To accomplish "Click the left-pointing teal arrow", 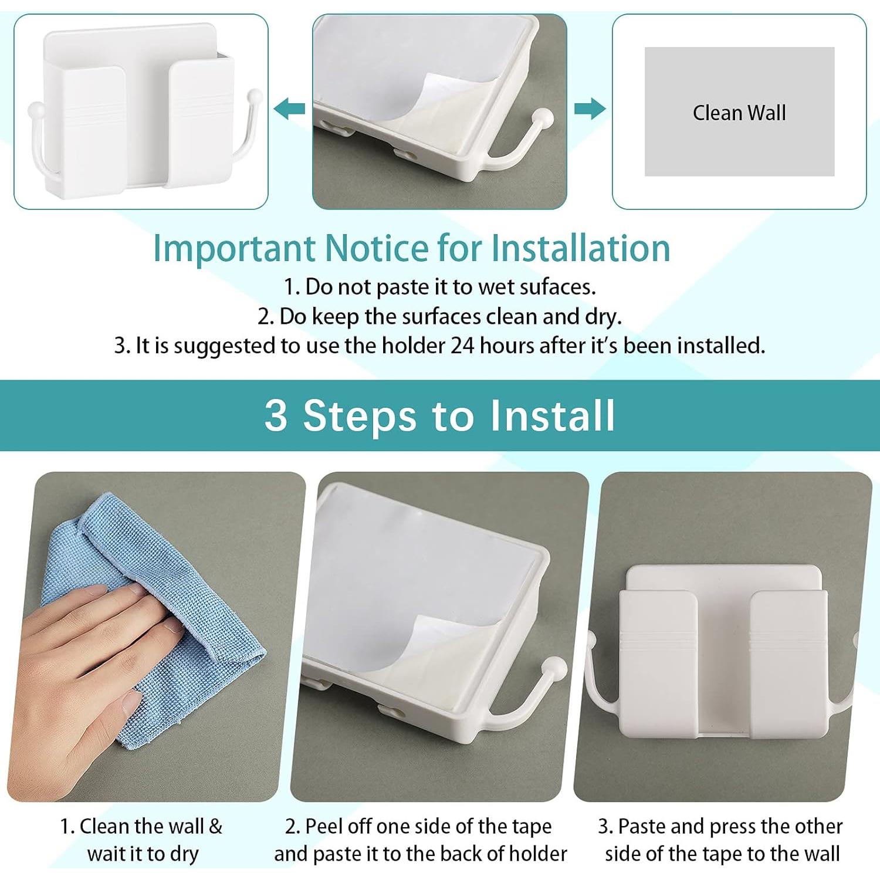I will (x=290, y=109).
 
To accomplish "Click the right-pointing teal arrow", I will (x=590, y=109).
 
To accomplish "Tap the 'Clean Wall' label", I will (x=739, y=113).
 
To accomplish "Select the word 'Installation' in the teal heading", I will (x=580, y=248).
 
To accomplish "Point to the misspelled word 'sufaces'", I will (x=557, y=287).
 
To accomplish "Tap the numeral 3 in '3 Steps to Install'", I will (x=276, y=415).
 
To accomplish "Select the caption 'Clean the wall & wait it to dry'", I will (x=142, y=840).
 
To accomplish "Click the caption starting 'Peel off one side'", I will (x=420, y=840).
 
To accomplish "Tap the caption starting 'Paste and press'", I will (x=721, y=840).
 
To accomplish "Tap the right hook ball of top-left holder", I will (x=254, y=96).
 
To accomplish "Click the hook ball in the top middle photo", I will (x=543, y=117).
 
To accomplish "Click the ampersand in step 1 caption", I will (x=215, y=827).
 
